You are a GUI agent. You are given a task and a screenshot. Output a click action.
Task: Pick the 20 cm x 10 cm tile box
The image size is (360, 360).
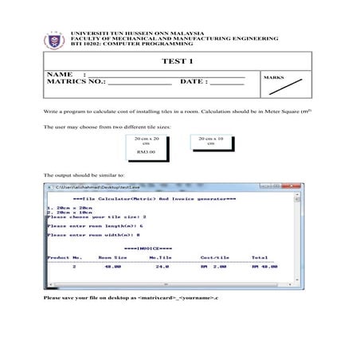[x=210, y=142]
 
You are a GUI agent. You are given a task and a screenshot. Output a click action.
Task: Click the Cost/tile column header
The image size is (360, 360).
[x=214, y=257]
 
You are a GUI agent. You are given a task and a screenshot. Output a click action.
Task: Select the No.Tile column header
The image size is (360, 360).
[x=161, y=257]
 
